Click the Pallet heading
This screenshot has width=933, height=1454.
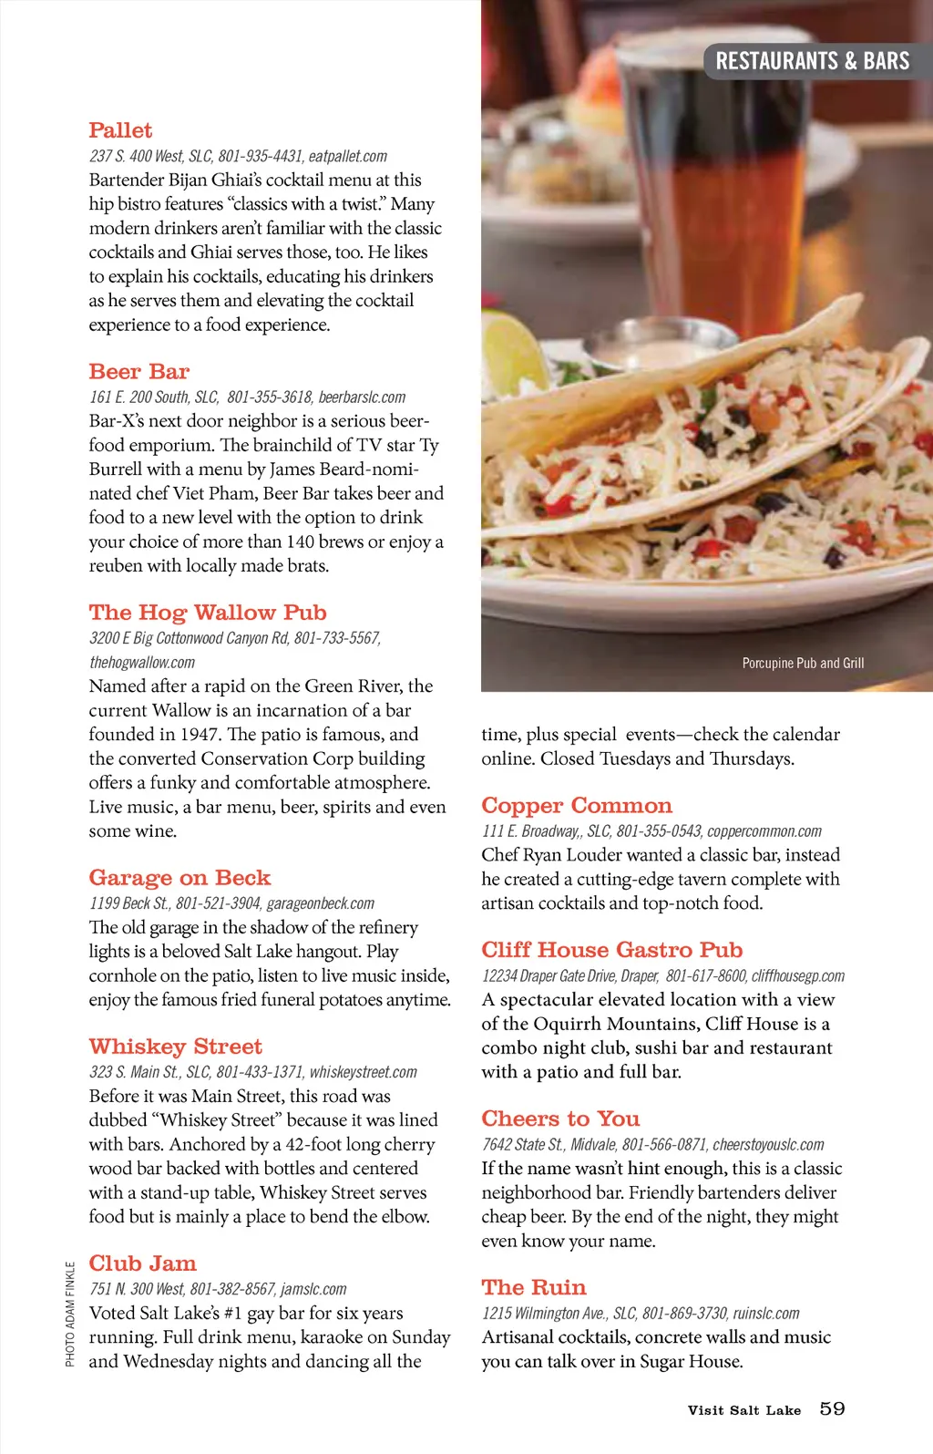(x=120, y=130)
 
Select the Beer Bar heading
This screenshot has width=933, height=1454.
(x=138, y=372)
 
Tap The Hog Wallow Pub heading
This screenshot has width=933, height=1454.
(x=208, y=613)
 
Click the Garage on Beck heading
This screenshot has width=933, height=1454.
(x=179, y=878)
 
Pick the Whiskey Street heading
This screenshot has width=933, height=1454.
(x=175, y=1047)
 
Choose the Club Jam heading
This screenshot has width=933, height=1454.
(x=142, y=1263)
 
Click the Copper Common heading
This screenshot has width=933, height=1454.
(x=577, y=806)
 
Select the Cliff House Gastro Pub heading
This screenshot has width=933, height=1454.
(x=612, y=950)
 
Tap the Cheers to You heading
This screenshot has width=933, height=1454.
(x=560, y=1119)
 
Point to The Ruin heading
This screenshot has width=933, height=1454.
(x=534, y=1287)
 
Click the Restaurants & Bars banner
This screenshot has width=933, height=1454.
(x=812, y=61)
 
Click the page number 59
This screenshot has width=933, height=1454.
(x=832, y=1408)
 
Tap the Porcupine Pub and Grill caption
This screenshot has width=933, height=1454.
(x=803, y=663)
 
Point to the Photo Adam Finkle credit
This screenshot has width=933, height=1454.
(x=70, y=1314)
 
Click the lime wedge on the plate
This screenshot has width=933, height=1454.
(x=512, y=351)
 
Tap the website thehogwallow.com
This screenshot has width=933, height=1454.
(x=142, y=663)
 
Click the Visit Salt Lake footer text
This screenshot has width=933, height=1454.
(x=743, y=1410)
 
